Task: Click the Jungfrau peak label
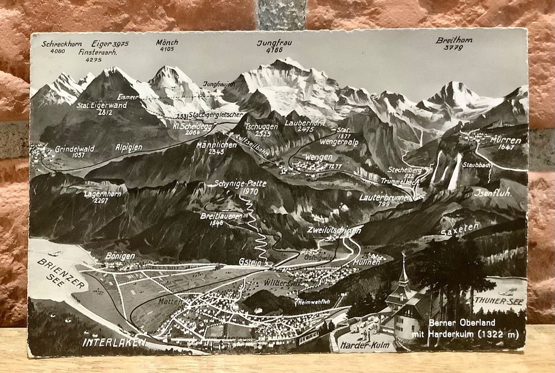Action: coord(274,43)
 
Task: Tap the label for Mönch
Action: coord(167,42)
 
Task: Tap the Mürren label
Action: coord(506,140)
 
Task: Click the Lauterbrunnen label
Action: coord(385,197)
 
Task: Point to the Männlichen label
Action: coord(216,145)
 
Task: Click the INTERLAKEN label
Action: coord(114,342)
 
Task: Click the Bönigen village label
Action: coord(119,256)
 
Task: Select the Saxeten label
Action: coord(459,228)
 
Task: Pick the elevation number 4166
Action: coord(274,50)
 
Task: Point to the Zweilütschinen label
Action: coord(334,230)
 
